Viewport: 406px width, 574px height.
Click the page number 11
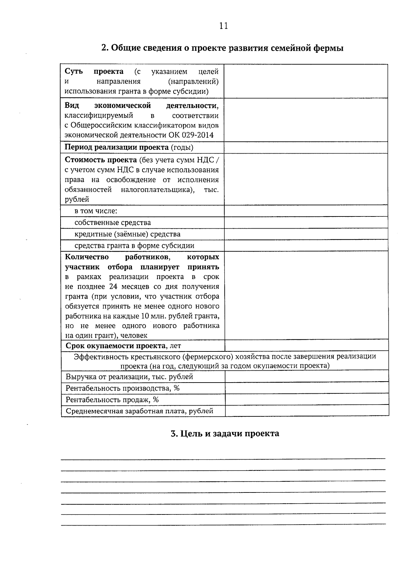coord(224,26)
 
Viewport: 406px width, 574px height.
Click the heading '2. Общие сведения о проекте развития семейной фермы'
coord(223,48)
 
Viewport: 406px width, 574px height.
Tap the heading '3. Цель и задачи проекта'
coord(225,434)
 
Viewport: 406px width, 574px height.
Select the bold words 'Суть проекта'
coord(94,72)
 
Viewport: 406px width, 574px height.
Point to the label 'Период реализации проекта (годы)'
coord(129,147)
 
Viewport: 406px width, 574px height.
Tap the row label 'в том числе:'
coord(96,211)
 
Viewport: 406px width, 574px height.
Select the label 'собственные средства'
coord(113,223)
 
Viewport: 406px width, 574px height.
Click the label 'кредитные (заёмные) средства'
coord(128,234)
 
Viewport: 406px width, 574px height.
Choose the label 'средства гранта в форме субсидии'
coord(134,246)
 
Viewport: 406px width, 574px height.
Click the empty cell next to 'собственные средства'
coord(306,223)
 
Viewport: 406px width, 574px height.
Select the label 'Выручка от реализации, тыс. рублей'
coord(129,377)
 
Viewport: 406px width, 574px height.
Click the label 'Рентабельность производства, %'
coord(122,388)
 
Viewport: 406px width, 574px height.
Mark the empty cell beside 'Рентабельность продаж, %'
coord(307,400)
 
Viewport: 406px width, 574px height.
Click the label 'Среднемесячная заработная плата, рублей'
coord(139,411)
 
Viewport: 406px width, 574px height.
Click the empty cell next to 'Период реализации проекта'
coord(306,147)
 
